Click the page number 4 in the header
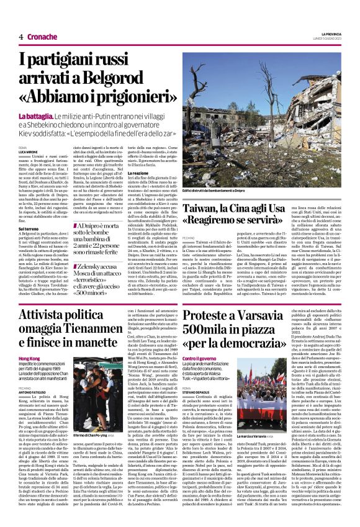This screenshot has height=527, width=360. click(x=20, y=37)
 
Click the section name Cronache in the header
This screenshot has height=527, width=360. click(x=42, y=37)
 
